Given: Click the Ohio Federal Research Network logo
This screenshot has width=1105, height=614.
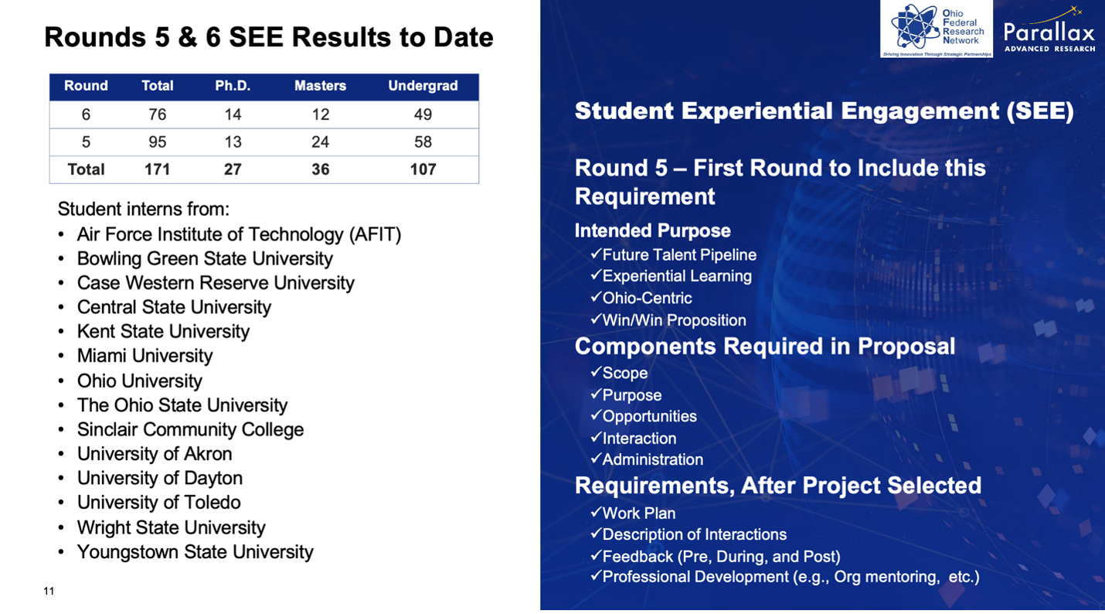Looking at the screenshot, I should (x=936, y=29).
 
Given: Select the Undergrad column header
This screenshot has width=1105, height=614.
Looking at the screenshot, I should (x=423, y=86).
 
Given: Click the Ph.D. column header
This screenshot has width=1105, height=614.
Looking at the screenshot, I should (x=233, y=86).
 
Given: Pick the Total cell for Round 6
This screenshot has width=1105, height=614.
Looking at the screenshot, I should (x=158, y=114).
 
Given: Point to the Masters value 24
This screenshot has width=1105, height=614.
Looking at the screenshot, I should (x=320, y=142).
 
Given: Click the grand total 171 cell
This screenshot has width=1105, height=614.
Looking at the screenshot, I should (x=158, y=169).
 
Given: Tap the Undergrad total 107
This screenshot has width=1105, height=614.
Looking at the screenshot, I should (x=423, y=169).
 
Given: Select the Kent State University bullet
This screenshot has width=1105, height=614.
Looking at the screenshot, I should (x=163, y=332).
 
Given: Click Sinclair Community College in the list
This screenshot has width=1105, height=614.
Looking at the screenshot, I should (x=190, y=430).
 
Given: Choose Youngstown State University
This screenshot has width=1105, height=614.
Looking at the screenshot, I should (x=195, y=552).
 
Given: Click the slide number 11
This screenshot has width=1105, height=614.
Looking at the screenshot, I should (x=49, y=592).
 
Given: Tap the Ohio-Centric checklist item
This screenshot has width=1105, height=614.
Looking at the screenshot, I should (x=647, y=298).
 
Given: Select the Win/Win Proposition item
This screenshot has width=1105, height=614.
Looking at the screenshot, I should (x=674, y=320).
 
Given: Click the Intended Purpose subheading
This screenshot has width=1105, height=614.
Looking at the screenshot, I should (x=652, y=230).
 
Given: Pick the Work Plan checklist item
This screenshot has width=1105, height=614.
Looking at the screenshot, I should (x=638, y=513).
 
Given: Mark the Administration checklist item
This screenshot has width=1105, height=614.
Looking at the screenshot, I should (x=652, y=459).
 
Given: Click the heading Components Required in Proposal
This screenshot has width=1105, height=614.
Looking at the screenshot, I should (x=764, y=346).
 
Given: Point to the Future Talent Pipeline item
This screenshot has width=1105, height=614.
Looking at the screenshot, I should (x=678, y=255).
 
